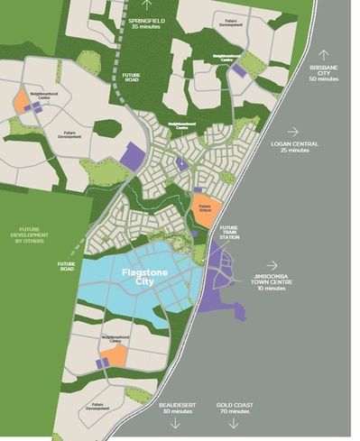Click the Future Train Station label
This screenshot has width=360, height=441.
[230, 232]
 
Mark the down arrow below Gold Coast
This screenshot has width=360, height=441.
[232, 425]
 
